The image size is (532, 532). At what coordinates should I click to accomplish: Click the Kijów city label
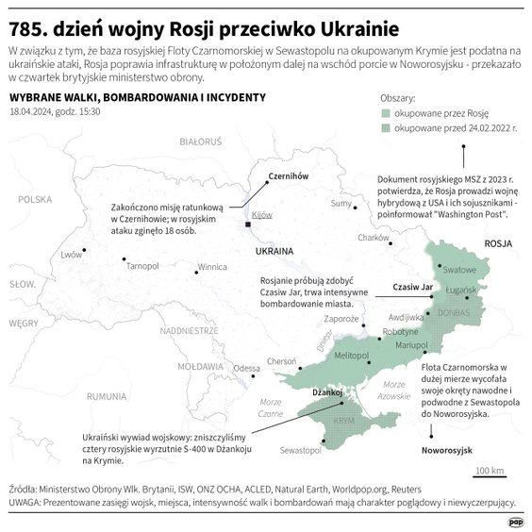pyautogui.click(x=262, y=215)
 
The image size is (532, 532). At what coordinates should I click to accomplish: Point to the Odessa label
pyautogui.click(x=247, y=368)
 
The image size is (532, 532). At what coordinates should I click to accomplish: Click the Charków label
pyautogui.click(x=374, y=238)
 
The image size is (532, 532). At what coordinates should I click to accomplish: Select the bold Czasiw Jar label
pyautogui.click(x=411, y=285)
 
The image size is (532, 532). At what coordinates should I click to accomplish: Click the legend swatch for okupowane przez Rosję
pyautogui.click(x=386, y=112)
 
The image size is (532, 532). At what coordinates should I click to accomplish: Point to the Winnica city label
pyautogui.click(x=211, y=266)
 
